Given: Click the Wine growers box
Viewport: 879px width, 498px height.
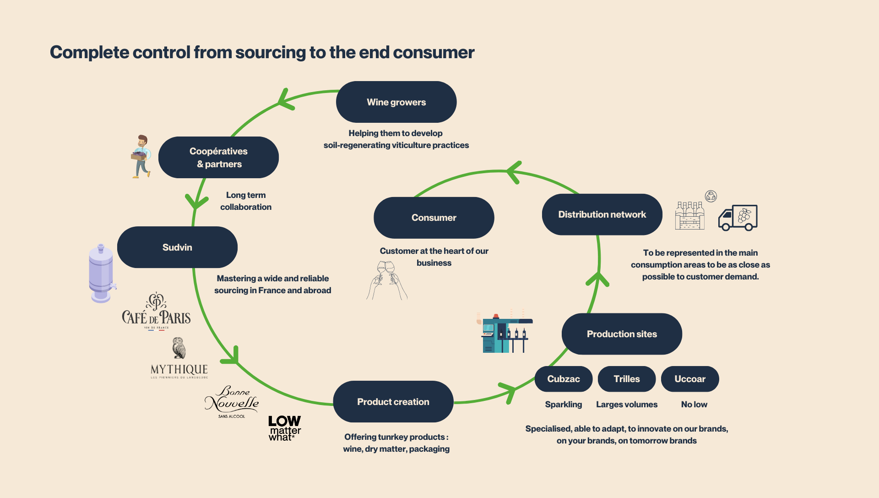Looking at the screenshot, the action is tap(396, 102).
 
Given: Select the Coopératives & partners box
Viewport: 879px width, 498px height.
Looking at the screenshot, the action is tap(218, 157).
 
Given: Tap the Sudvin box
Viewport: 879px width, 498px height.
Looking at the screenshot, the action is tap(177, 247).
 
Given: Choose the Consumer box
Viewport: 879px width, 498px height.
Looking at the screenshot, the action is tap(434, 218).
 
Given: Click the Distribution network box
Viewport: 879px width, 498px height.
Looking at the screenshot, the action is tap(602, 214).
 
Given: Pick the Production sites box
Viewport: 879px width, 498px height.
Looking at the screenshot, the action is tap(622, 334).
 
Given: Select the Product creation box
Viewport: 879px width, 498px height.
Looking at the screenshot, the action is tap(393, 402).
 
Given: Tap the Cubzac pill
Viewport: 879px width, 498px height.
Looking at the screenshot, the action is tap(564, 379).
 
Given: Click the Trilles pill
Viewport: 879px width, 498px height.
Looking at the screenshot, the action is tap(627, 379).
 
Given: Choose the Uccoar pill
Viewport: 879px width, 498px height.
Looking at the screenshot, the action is tap(690, 379).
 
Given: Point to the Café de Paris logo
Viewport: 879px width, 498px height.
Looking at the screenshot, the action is tap(156, 311).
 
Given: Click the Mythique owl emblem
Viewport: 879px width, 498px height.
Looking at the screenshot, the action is tap(179, 348).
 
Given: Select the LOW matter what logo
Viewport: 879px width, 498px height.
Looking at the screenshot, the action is tap(285, 428).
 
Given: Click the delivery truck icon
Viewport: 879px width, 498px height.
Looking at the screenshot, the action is tap(738, 218).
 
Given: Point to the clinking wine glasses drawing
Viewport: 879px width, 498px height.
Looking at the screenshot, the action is tap(387, 280).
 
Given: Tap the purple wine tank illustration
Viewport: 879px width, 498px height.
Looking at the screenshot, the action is tap(102, 274).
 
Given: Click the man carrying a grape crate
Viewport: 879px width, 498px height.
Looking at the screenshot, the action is tap(141, 156).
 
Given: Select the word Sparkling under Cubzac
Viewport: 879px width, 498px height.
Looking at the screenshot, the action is tap(564, 405).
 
